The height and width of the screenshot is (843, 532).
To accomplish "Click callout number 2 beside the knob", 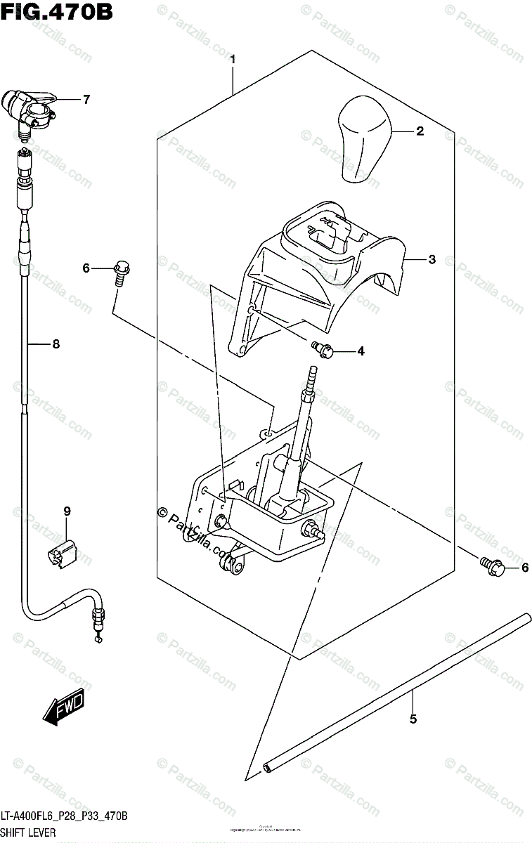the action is pos(420,131).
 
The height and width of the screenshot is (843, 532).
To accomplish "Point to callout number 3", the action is pos(432,259).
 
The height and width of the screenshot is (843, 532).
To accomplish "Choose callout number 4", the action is pos(360,351).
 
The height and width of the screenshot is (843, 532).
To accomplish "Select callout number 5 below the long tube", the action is pos(413,719).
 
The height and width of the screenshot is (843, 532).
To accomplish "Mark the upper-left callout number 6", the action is pos(86,268).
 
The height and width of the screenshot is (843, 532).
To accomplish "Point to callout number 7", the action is pos(86,100).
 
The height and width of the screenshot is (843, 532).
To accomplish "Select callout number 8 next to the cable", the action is pos(56,344).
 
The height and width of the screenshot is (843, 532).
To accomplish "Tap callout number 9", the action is pos(67,511).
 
